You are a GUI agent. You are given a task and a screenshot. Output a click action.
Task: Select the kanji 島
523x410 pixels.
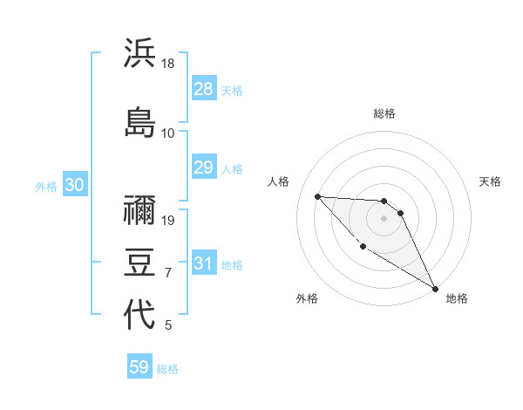[x=139, y=121]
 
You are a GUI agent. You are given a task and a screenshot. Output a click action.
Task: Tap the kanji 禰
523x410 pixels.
[x=139, y=210]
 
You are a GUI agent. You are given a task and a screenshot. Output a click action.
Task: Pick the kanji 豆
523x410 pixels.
[x=139, y=262]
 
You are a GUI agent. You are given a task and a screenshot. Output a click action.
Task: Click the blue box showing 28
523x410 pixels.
[x=204, y=89]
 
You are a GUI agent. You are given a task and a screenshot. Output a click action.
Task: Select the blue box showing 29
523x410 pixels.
[x=204, y=168]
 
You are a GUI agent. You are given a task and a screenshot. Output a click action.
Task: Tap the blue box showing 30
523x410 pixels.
[x=73, y=185]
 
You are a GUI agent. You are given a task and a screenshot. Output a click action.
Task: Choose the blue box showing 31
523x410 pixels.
[x=204, y=264]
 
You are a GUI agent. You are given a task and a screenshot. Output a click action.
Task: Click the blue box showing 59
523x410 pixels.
[x=139, y=368]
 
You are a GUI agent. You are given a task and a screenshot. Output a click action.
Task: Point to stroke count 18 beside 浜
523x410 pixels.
[x=168, y=64]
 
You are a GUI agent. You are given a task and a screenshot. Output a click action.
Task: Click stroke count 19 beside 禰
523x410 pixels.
[x=168, y=221]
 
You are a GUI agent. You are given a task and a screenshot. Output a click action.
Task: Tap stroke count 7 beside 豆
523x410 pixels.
[x=168, y=273]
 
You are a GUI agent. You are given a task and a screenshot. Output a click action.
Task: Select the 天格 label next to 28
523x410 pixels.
[x=233, y=90]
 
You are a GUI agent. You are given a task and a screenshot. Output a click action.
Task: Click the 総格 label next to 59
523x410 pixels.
[x=168, y=369]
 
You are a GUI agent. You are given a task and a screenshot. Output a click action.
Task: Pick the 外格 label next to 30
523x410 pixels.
[x=46, y=186]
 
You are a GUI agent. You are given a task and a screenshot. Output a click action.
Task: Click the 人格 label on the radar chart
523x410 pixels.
[x=279, y=181]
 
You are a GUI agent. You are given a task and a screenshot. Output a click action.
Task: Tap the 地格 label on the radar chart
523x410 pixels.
[x=457, y=298]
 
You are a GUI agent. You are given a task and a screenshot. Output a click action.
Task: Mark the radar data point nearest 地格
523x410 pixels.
[x=436, y=289]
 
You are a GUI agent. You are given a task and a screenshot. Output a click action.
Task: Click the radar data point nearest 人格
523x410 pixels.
[x=317, y=196]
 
